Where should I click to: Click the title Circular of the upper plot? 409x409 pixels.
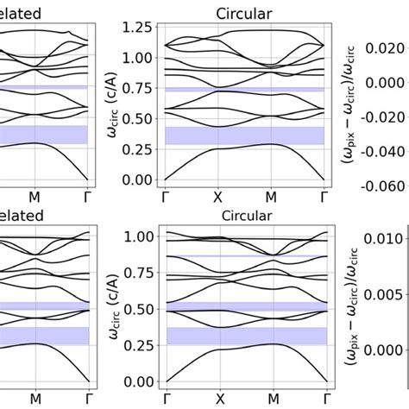[x=244, y=8]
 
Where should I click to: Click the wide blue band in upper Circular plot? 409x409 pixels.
[x=244, y=135]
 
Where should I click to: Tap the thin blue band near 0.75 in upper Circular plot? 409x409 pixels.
[x=244, y=89]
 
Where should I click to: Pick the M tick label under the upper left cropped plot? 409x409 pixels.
[x=35, y=196]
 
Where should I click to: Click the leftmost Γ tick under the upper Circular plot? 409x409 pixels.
[x=166, y=196]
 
